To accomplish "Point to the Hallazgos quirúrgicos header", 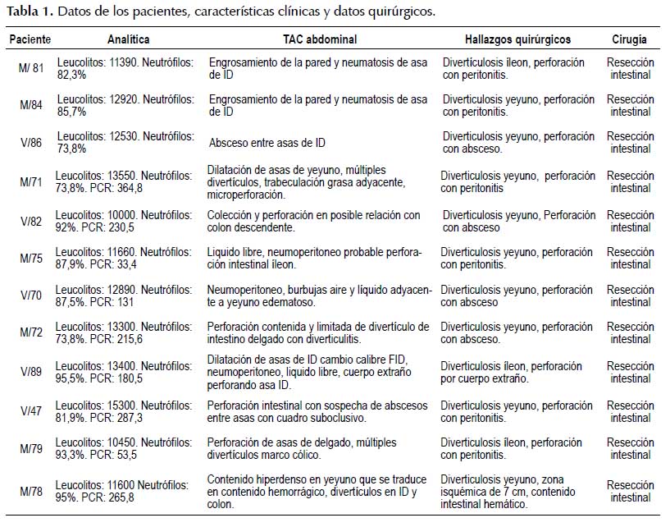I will click(517, 39).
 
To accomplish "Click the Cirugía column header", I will click(629, 39).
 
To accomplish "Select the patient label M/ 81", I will click(33, 68).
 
